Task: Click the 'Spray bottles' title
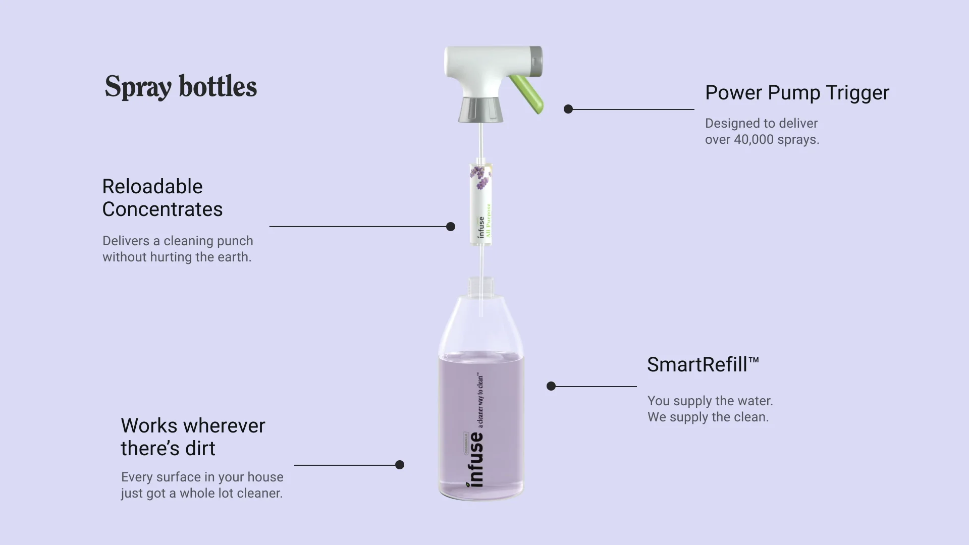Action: coord(181,86)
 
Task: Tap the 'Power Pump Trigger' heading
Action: coord(797,93)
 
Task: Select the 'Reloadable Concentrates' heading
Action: coord(162,198)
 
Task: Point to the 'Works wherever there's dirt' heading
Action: coord(193,437)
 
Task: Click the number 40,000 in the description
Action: coord(753,140)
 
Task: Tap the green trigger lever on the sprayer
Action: coord(527,94)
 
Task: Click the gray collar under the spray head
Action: coord(480,110)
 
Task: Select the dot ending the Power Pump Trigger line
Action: coord(568,109)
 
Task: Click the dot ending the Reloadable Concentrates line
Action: coord(451,227)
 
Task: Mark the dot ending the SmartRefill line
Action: coord(551,386)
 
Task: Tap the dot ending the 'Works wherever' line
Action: coord(400,465)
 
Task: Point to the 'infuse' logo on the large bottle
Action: coord(475,459)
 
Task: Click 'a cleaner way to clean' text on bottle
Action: coord(480,400)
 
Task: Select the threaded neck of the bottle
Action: coord(481,287)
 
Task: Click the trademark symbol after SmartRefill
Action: coord(753,360)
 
